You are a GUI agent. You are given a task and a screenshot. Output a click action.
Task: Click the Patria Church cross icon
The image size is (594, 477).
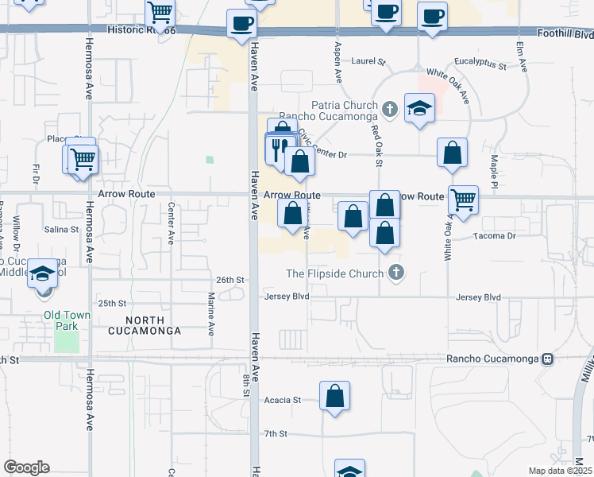[x=389, y=108]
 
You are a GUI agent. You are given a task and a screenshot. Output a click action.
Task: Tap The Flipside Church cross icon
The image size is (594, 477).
[x=396, y=273]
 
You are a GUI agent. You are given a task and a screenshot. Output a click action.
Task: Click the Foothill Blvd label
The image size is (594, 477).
[x=564, y=34]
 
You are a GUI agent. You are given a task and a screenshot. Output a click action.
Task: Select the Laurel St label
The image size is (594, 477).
[x=368, y=60]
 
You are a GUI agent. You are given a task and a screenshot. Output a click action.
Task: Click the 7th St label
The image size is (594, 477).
[x=275, y=433]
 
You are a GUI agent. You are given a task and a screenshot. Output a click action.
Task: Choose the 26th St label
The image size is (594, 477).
[x=230, y=280]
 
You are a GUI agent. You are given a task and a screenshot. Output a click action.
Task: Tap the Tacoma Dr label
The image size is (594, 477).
[x=495, y=236]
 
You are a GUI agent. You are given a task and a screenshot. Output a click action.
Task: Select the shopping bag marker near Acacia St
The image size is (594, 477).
[x=335, y=395]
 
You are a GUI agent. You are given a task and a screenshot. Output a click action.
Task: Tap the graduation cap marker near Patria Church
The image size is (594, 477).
[x=419, y=109]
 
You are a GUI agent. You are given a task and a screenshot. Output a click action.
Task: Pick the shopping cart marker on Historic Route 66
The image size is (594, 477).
[x=160, y=13]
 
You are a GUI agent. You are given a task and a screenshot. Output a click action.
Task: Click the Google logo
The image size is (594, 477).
[x=26, y=467]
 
